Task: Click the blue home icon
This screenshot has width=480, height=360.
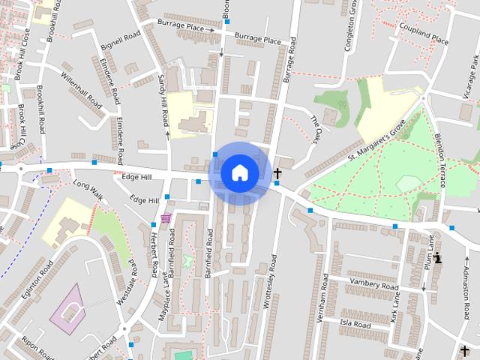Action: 240,172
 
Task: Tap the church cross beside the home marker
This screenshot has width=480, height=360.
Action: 277,174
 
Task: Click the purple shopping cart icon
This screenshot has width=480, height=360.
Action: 165,219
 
